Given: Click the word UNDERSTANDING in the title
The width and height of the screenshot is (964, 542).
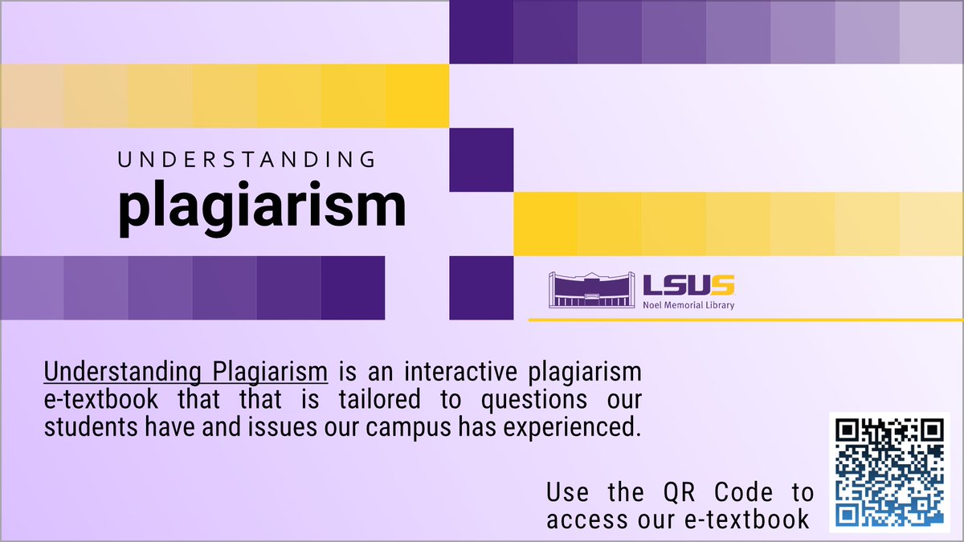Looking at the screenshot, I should point(247,159).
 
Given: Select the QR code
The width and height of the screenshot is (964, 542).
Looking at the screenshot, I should point(889,471).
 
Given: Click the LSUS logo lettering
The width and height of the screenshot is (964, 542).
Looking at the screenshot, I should point(688,285).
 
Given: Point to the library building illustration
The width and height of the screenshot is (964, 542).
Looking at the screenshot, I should point(593,289).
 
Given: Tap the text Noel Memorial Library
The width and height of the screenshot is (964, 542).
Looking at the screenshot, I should point(688,305).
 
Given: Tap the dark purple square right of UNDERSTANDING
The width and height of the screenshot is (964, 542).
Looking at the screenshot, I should point(481,160).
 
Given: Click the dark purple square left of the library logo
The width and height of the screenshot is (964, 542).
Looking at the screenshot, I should point(481,287).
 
